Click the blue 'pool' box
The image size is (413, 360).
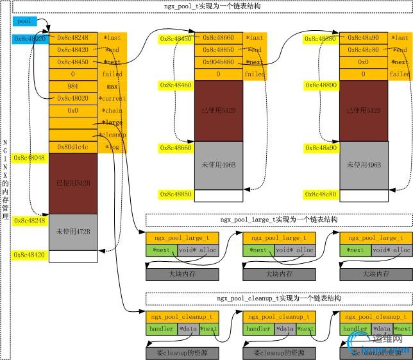25,21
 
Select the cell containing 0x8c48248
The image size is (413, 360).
72,38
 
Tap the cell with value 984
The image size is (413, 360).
72,87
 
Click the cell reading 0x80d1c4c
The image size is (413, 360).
72,147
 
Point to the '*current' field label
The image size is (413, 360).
112,99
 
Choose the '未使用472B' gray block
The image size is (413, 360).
72,232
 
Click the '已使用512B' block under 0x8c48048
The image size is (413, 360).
72,183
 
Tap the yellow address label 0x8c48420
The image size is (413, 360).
29,255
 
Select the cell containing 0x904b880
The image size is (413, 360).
217,62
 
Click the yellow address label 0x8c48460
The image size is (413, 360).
176,85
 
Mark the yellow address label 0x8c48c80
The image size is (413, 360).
321,194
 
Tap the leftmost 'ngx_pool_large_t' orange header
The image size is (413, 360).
182,238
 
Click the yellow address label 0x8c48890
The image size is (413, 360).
321,85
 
